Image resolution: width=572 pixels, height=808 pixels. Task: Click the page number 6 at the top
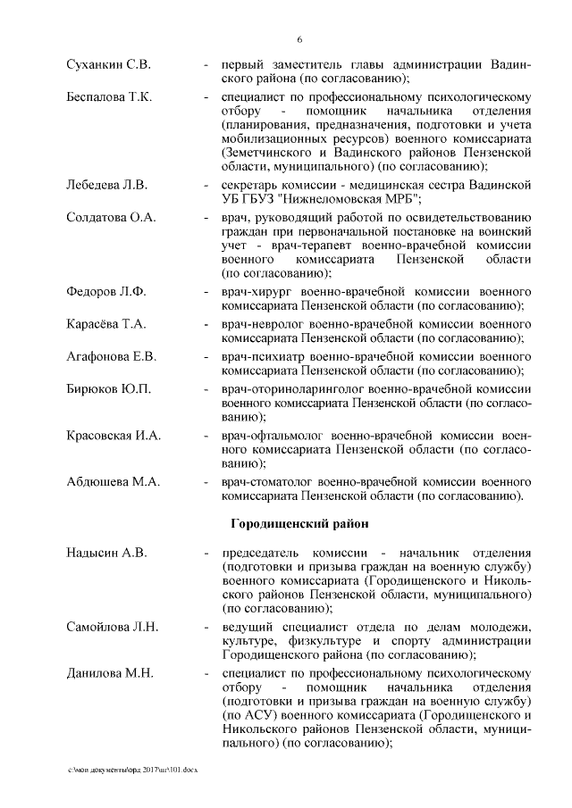299,39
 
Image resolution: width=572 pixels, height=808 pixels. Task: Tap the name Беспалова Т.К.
109,96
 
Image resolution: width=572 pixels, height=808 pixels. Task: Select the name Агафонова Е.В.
112,356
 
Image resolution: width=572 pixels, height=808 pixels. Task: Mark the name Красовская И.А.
114,435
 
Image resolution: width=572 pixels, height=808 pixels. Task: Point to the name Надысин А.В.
106,553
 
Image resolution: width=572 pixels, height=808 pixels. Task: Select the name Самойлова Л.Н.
112,628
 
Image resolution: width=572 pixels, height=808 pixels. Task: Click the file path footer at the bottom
133,768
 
